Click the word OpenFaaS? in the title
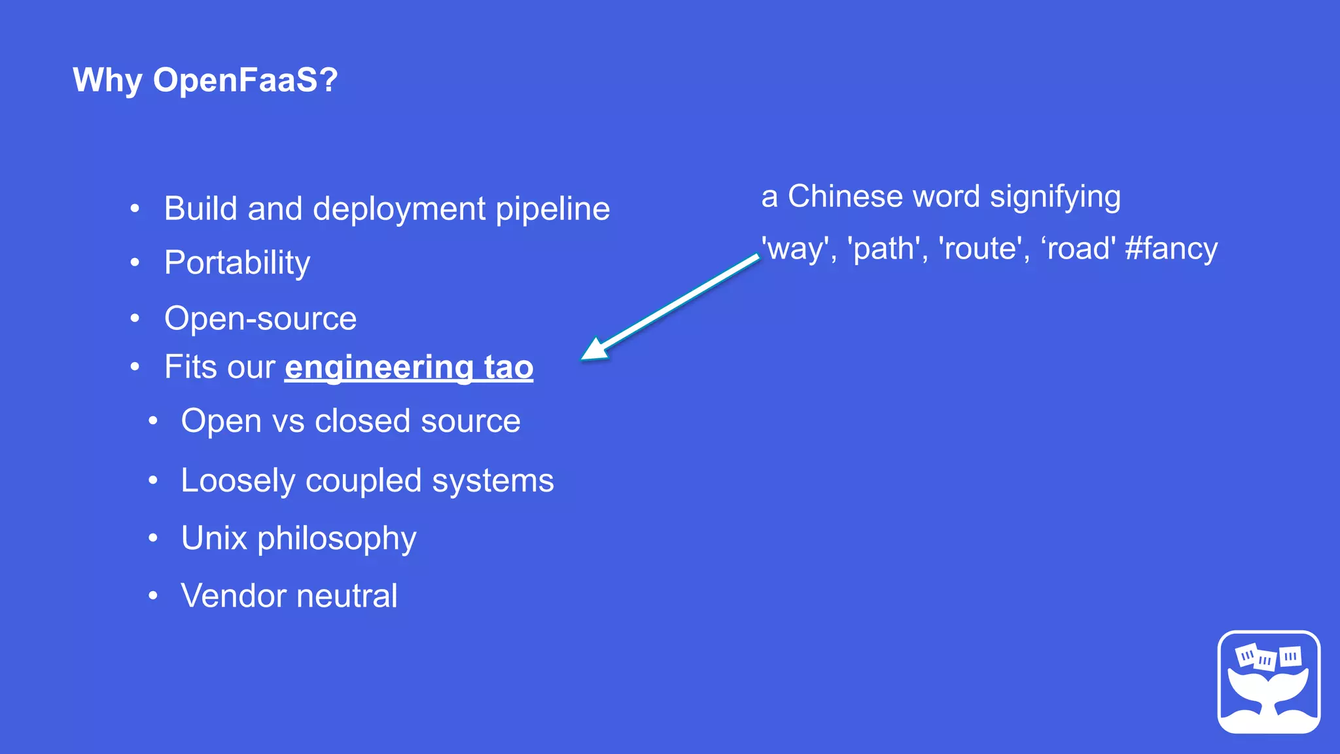click(245, 81)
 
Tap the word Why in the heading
click(107, 81)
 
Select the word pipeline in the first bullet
click(553, 209)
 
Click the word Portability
click(237, 263)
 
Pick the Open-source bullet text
click(260, 319)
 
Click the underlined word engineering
click(379, 367)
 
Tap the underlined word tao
click(508, 367)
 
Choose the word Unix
click(214, 539)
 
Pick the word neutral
click(347, 596)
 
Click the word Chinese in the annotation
click(845, 196)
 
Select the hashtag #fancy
click(1171, 249)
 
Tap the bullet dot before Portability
click(135, 263)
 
